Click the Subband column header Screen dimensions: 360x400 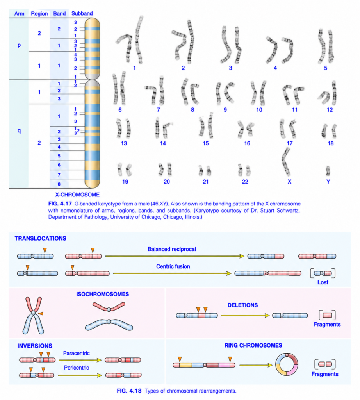(x=82, y=14)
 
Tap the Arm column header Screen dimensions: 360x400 (x=19, y=14)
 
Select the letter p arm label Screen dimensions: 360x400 (x=19, y=45)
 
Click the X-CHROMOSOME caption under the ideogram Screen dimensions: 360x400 (x=77, y=195)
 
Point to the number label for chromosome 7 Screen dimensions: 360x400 (x=158, y=110)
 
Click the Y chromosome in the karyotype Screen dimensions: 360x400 (x=328, y=171)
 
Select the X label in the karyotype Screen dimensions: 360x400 (x=289, y=182)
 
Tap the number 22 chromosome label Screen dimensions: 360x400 (x=245, y=182)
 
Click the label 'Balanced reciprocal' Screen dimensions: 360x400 (x=171, y=249)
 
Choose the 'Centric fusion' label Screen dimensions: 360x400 (x=173, y=266)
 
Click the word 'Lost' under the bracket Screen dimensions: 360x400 (x=323, y=282)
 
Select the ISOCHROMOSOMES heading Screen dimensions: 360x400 (x=102, y=294)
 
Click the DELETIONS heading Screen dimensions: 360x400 (x=242, y=305)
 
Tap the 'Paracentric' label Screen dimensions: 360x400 (x=76, y=353)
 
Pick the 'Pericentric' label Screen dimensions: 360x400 (x=77, y=368)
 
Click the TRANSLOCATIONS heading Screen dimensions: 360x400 (x=40, y=238)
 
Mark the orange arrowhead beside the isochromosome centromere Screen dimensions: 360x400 (x=41, y=313)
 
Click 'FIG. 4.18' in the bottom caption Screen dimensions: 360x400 (x=129, y=391)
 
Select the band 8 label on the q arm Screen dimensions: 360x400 (x=59, y=184)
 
